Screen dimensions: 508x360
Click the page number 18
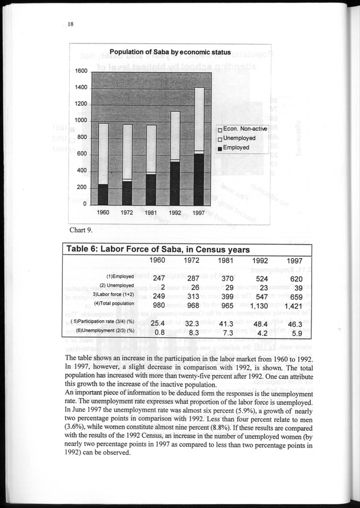(70, 24)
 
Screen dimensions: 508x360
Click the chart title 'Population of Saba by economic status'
(170, 52)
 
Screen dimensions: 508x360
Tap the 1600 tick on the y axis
(81, 71)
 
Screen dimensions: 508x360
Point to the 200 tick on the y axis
(82, 188)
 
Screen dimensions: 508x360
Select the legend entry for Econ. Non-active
(242, 129)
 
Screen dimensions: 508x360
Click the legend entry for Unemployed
(239, 138)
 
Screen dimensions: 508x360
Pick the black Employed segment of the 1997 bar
(198, 179)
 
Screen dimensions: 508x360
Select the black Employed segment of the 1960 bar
(103, 194)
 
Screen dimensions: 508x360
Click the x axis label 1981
(151, 213)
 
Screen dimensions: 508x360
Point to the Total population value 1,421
(297, 306)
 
